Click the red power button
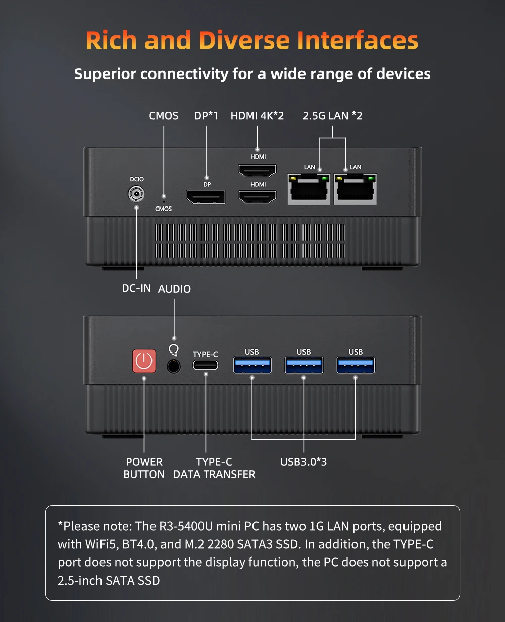(144, 361)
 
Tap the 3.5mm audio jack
(174, 366)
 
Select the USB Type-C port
(206, 365)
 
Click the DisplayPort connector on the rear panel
(206, 196)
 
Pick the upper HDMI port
(258, 171)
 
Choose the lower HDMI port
(258, 196)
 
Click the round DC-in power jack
(136, 194)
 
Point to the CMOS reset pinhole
(163, 196)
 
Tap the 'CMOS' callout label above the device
(164, 116)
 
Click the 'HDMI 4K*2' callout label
(257, 116)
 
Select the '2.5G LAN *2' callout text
(332, 116)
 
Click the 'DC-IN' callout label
(136, 289)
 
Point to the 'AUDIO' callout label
(174, 289)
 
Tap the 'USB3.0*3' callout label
(304, 462)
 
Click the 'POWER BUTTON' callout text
(144, 468)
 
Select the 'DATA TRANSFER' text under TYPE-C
(214, 474)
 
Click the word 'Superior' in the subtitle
(105, 74)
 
